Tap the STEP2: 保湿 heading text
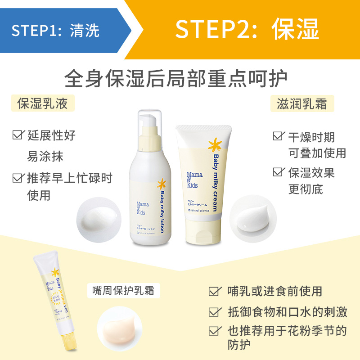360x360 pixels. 247,29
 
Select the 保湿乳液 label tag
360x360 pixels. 42,103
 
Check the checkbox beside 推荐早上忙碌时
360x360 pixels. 18,177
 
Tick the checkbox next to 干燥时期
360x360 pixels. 279,136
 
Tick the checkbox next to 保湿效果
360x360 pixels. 279,172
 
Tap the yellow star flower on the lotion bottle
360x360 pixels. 161,184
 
